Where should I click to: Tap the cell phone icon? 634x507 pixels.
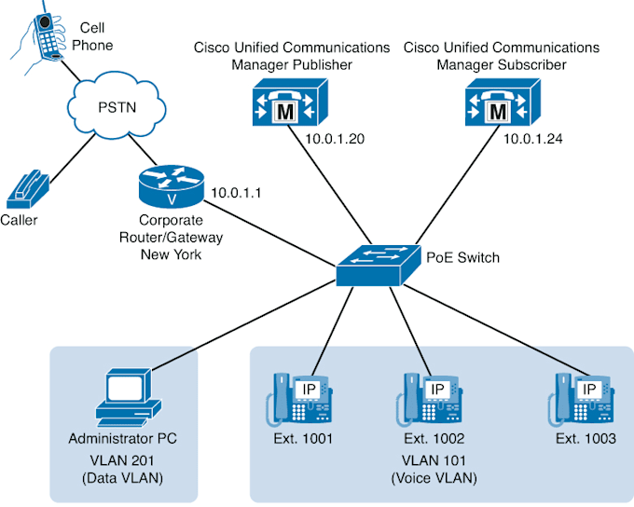click(x=41, y=37)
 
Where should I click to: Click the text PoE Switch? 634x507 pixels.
click(x=462, y=257)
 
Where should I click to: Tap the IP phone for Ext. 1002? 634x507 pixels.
click(x=432, y=399)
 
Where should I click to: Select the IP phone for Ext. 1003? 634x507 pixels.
click(x=582, y=399)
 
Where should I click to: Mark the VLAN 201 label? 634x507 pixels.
click(x=122, y=459)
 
